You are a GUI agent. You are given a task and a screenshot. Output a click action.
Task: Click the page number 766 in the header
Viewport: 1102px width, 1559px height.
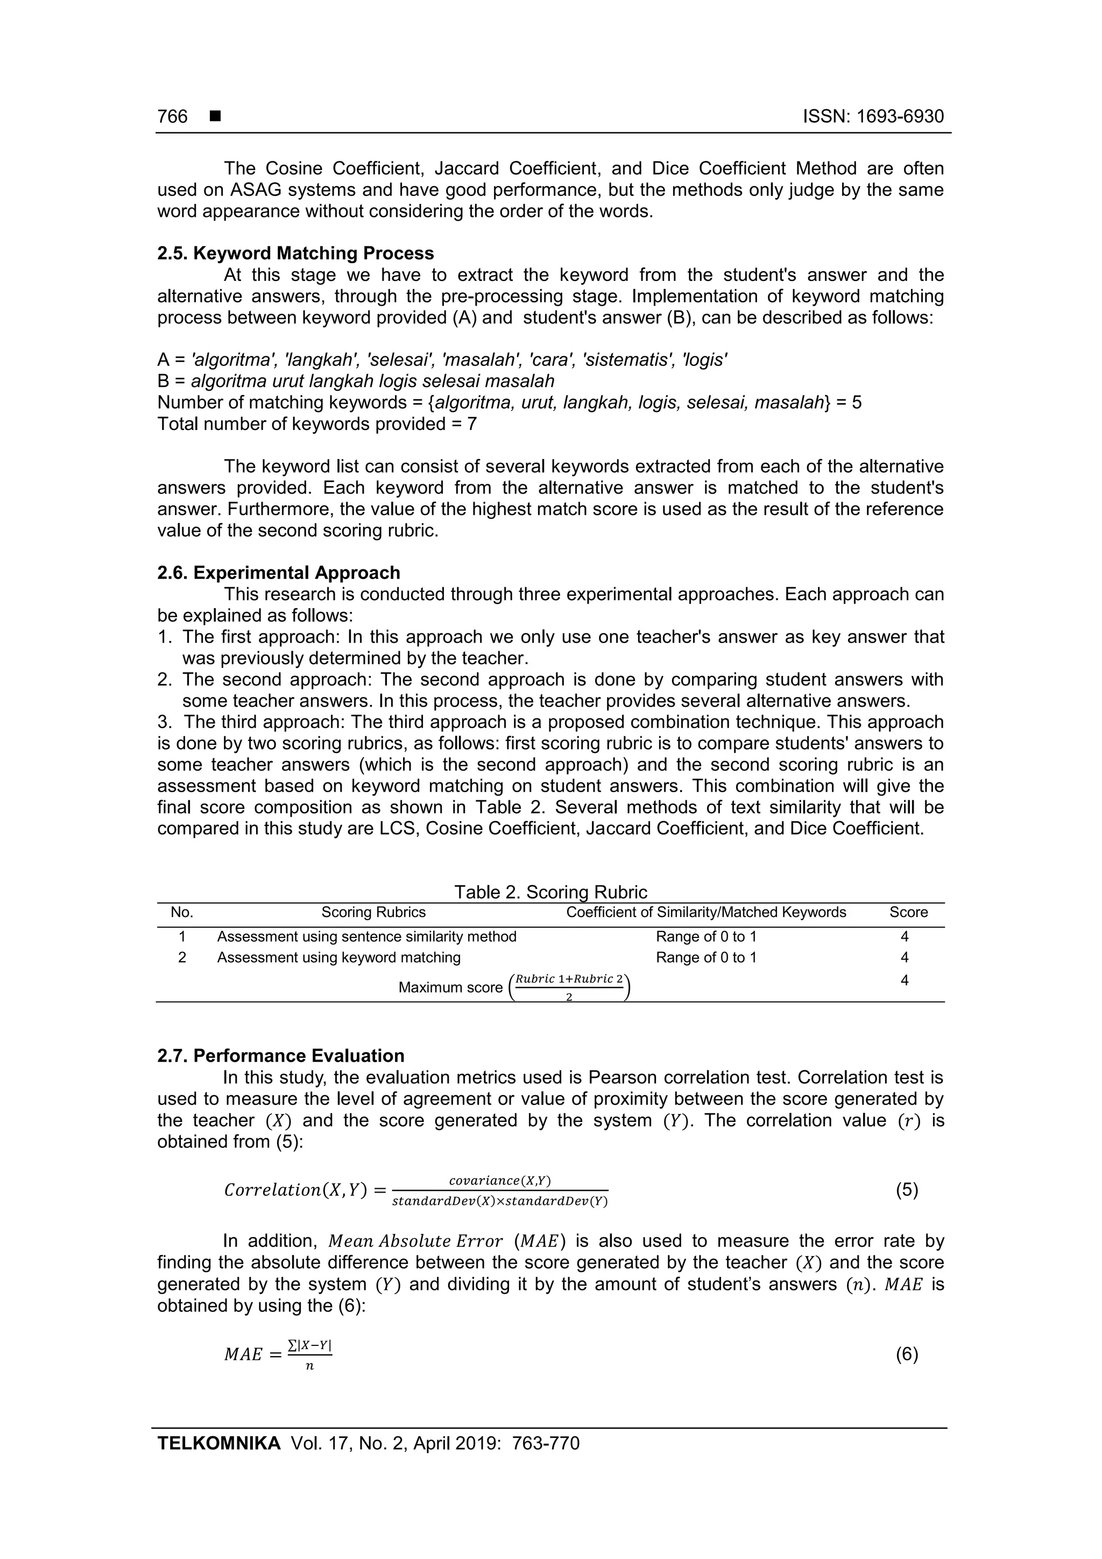[x=173, y=117]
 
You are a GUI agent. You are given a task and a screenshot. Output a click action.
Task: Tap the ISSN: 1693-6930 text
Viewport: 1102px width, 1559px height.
[x=873, y=117]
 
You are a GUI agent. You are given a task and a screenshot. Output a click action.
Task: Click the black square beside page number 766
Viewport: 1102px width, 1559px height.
[x=215, y=117]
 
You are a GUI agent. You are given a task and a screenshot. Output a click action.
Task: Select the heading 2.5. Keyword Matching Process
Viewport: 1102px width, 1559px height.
[x=295, y=253]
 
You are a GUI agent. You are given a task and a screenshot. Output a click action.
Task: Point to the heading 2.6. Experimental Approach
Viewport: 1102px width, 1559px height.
[x=278, y=573]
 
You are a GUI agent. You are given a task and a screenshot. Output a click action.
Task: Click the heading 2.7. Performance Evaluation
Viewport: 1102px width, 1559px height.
[x=280, y=1056]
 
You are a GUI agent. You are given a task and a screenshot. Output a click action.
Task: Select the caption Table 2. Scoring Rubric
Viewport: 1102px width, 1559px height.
[x=550, y=892]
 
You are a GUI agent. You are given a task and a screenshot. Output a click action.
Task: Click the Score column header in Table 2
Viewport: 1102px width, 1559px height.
[x=908, y=913]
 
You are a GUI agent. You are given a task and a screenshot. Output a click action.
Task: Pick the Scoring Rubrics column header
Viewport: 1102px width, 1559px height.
[x=373, y=913]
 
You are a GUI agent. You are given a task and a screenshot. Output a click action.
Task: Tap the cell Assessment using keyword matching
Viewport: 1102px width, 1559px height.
[x=339, y=957]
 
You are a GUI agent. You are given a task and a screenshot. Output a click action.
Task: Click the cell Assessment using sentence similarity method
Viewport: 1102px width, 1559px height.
[x=366, y=937]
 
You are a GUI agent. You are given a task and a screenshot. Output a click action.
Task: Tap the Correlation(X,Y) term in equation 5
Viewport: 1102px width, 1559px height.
[x=295, y=1190]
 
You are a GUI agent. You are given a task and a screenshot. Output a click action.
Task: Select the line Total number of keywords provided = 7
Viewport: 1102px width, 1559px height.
[x=316, y=425]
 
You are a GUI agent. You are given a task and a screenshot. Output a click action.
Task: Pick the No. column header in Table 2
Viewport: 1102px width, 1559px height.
[x=182, y=913]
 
